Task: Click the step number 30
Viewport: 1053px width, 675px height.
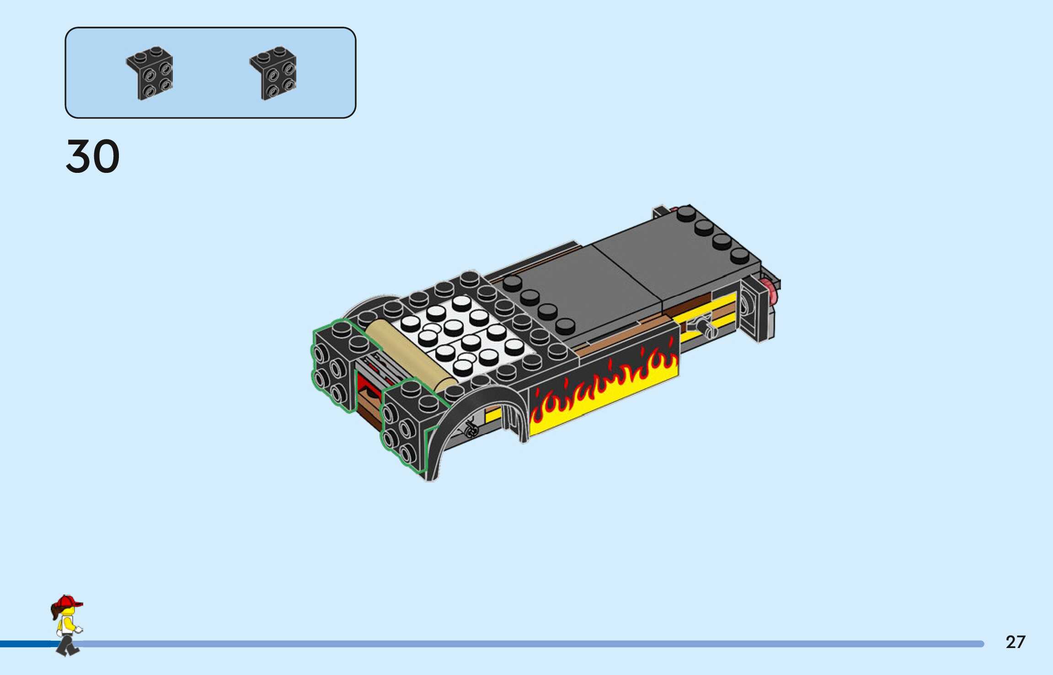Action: click(x=93, y=156)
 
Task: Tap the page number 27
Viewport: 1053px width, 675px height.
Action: click(x=1015, y=642)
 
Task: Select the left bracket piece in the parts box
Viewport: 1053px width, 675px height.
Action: click(x=150, y=73)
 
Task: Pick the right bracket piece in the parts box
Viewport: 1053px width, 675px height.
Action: click(x=273, y=73)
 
